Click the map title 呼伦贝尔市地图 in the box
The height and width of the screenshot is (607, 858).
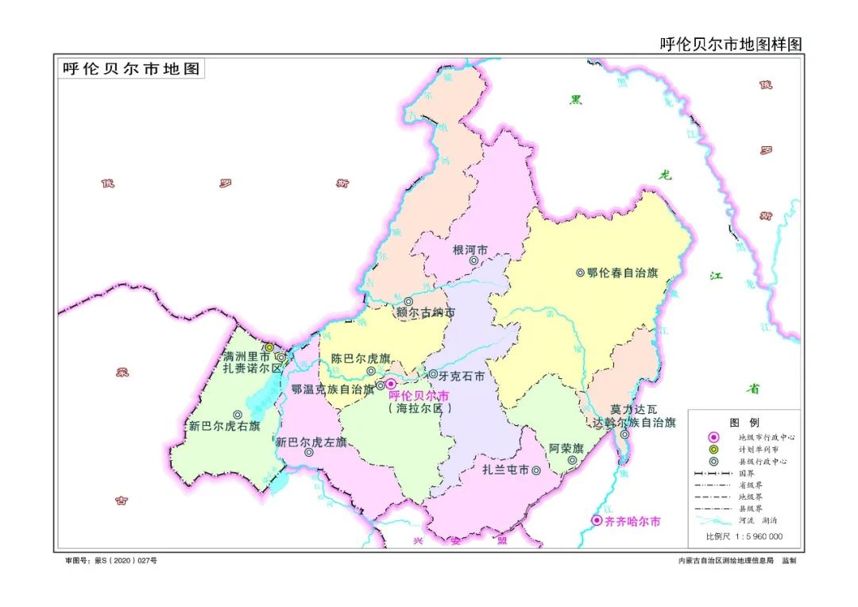[x=130, y=69]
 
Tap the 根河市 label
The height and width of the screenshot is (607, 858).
[x=469, y=249]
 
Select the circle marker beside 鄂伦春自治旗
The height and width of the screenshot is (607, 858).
[x=580, y=273]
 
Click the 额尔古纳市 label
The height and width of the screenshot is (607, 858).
[x=426, y=313]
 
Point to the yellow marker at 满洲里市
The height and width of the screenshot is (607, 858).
[x=269, y=347]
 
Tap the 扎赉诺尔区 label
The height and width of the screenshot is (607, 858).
[x=253, y=369]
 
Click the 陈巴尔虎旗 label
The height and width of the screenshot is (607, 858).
[x=361, y=358]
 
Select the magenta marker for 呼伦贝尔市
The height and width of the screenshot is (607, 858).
[x=391, y=384]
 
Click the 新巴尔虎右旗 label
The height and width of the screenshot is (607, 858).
[x=224, y=426]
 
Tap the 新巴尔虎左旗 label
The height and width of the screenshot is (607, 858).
[x=311, y=442]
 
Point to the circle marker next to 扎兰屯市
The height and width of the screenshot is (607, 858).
[x=537, y=470]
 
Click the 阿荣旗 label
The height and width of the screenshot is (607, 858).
[x=566, y=448]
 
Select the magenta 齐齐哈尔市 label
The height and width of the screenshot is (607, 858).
[x=632, y=522]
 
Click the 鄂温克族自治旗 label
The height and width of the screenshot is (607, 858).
[x=332, y=389]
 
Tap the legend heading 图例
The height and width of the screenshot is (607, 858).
[x=744, y=422]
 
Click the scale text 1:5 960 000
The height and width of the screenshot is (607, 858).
[x=754, y=536]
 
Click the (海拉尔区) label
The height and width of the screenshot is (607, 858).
[x=420, y=408]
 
